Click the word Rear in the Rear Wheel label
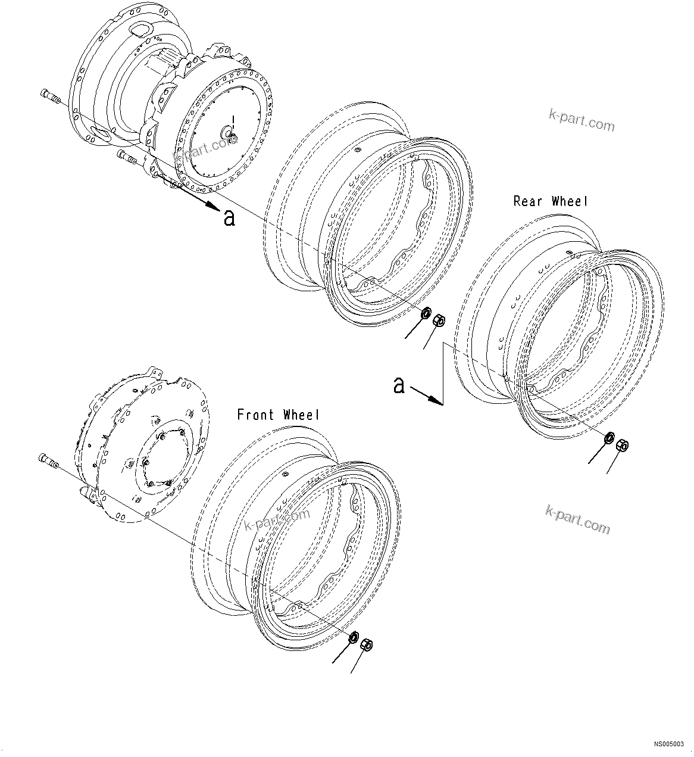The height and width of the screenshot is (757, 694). click(x=528, y=201)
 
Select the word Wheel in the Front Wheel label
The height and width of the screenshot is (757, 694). click(x=301, y=415)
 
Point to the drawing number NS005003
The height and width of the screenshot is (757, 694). click(x=669, y=744)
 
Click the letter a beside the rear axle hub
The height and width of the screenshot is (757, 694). click(x=229, y=217)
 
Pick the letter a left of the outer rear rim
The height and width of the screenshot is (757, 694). click(x=399, y=385)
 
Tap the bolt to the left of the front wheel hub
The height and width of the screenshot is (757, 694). click(x=47, y=460)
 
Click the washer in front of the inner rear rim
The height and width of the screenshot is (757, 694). click(x=426, y=313)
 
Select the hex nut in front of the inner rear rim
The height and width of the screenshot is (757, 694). click(x=439, y=320)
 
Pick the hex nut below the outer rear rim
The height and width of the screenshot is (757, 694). click(x=623, y=445)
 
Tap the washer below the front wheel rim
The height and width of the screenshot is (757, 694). click(x=354, y=637)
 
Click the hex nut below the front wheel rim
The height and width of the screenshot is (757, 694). click(x=367, y=644)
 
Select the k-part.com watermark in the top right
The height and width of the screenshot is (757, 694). click(x=582, y=120)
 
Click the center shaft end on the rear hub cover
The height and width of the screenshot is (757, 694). click(x=229, y=132)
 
